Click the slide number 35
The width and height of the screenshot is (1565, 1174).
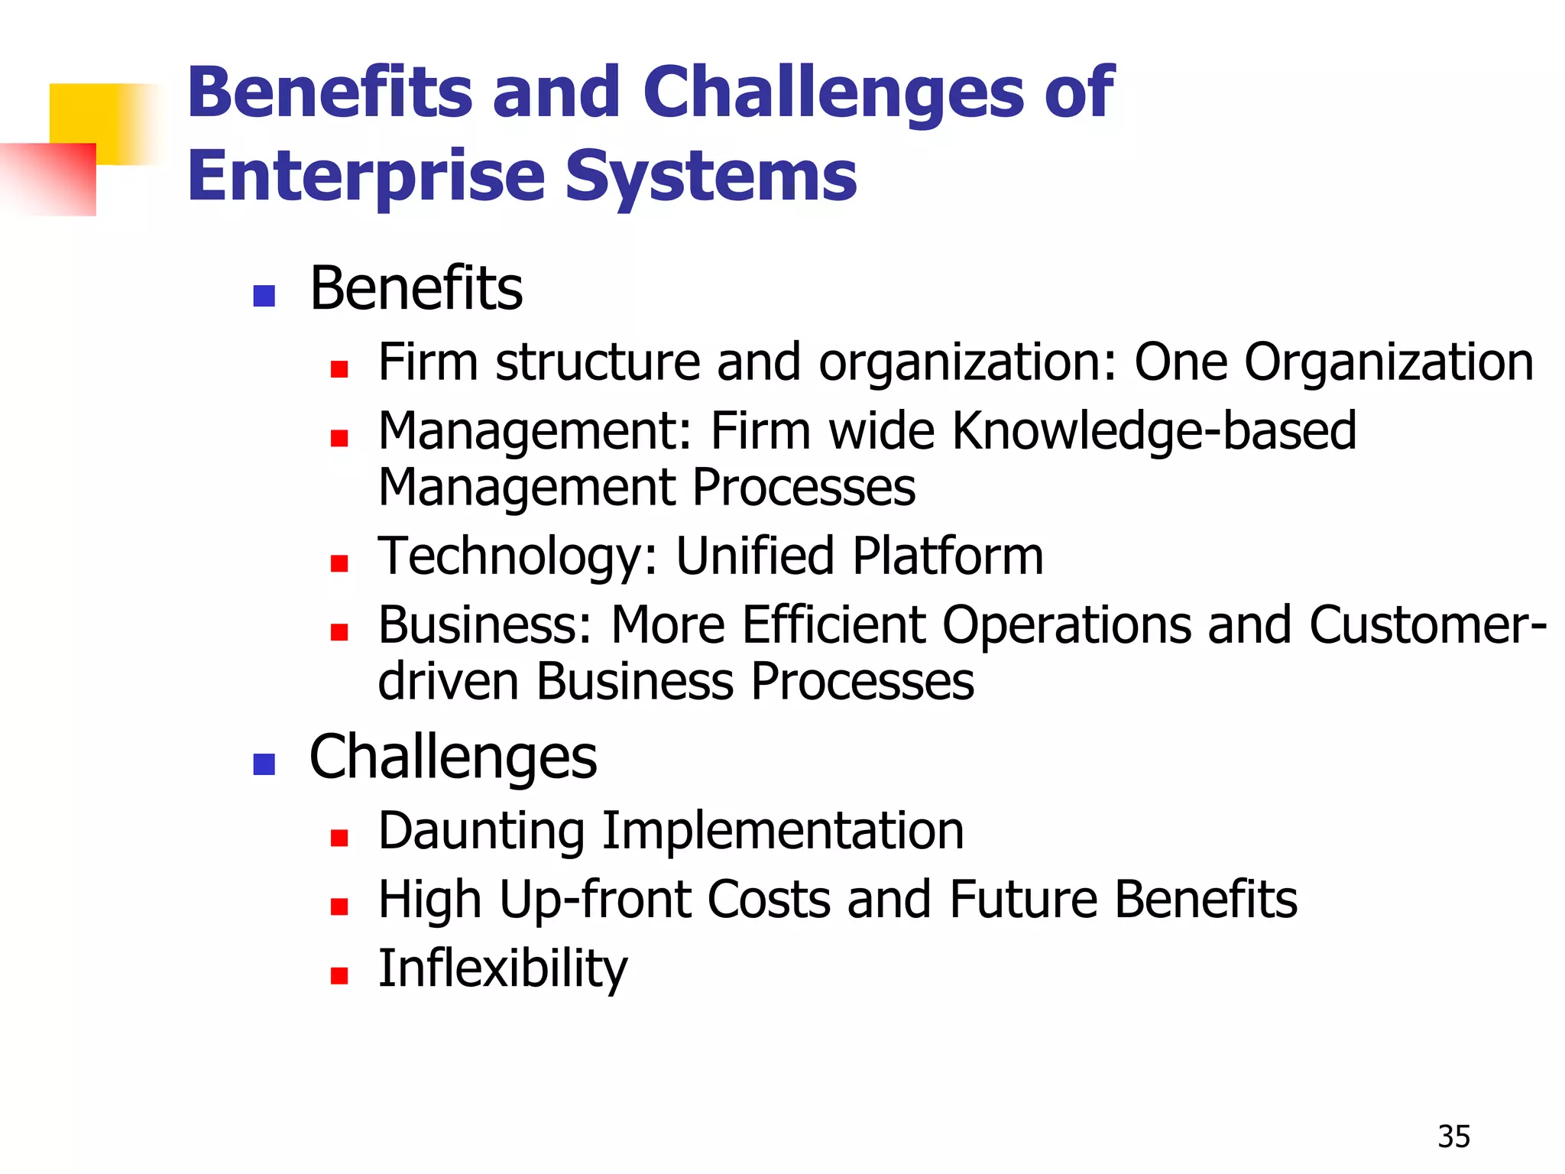1453,1137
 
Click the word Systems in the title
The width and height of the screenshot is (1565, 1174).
711,177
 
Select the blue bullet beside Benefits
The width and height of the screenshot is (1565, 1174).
264,296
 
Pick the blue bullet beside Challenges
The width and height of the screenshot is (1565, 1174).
264,764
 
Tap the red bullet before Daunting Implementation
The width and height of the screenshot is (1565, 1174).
339,838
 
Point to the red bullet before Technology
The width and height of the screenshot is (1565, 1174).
339,563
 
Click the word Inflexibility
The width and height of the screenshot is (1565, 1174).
502,968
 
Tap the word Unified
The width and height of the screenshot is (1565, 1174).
754,556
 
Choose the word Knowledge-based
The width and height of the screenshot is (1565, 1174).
1154,431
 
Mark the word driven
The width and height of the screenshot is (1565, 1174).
448,681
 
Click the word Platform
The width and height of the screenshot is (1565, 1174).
948,556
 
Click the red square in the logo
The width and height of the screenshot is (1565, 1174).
53,180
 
